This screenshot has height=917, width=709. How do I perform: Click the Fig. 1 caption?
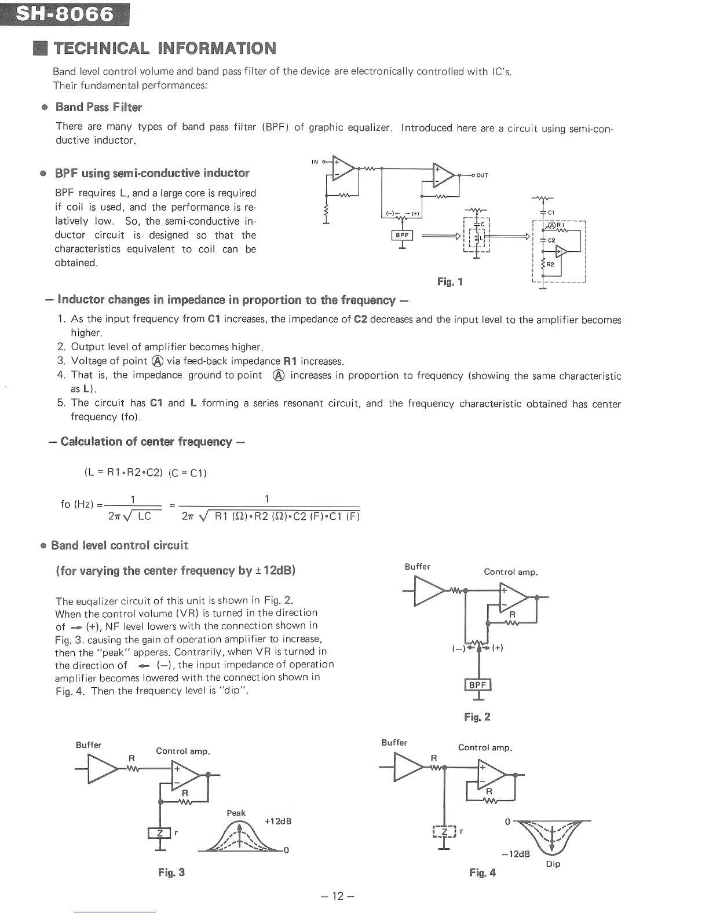tap(450, 282)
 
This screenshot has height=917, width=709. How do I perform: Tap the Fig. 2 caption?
tap(477, 717)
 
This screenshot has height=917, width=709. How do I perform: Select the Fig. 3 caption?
tap(171, 872)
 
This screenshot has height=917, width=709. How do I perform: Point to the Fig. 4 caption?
tap(483, 872)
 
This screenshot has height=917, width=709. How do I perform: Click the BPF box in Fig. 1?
tap(402, 235)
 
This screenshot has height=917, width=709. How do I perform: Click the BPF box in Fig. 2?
tap(478, 685)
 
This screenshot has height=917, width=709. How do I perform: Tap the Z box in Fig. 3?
tap(159, 832)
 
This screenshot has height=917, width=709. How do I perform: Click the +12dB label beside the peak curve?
tap(277, 821)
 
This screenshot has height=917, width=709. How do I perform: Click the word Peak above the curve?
tap(236, 813)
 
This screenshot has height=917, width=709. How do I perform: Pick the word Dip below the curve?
tap(553, 864)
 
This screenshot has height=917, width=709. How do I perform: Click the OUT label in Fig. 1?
tap(483, 175)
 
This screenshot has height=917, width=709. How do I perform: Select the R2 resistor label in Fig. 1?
tap(550, 264)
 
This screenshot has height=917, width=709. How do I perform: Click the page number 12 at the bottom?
tap(338, 896)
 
